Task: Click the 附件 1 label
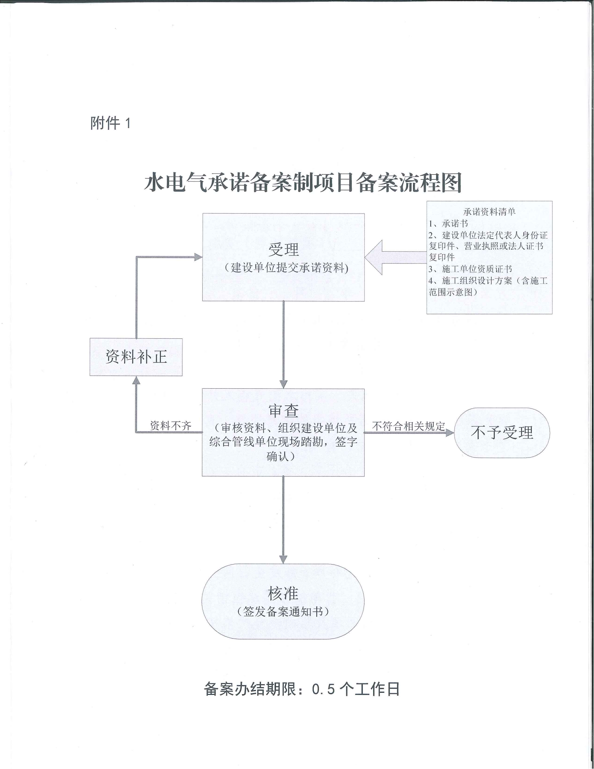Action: [x=110, y=123]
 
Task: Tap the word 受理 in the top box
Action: [x=284, y=250]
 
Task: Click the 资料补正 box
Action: [x=136, y=357]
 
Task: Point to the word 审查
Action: [x=284, y=411]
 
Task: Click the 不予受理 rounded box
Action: [x=501, y=433]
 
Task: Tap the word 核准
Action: [x=283, y=594]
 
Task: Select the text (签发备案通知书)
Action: [x=283, y=612]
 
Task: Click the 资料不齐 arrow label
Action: [x=171, y=426]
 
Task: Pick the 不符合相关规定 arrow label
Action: [x=408, y=426]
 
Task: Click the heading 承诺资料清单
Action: [x=490, y=211]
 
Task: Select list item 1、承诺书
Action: [x=448, y=224]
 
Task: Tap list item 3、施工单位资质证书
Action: [x=470, y=269]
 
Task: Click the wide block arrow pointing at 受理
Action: [x=396, y=257]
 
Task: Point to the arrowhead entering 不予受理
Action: [x=450, y=433]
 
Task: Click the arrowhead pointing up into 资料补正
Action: [x=136, y=380]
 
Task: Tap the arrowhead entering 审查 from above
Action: [x=284, y=384]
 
